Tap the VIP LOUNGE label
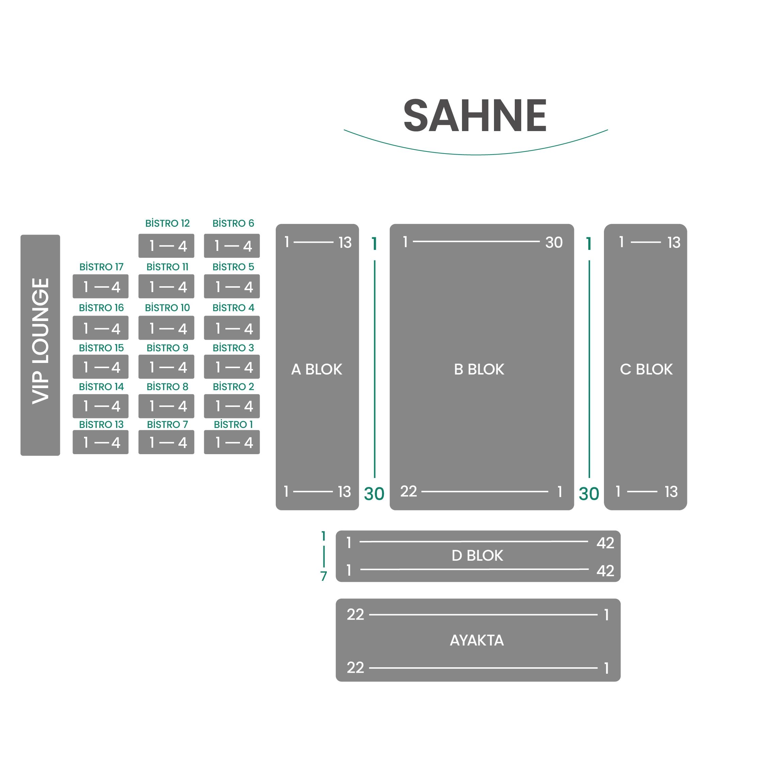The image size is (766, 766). tap(41, 341)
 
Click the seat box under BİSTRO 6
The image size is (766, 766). tap(232, 246)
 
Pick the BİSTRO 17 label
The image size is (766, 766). tap(101, 267)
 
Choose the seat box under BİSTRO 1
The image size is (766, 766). tap(232, 442)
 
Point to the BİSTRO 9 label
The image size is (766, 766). tap(167, 348)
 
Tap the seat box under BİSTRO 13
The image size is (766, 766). tap(101, 442)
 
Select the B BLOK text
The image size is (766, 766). tap(479, 369)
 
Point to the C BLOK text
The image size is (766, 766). tap(646, 369)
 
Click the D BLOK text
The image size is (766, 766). tap(477, 556)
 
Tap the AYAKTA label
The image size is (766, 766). tap(477, 640)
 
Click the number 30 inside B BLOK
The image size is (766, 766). tap(554, 242)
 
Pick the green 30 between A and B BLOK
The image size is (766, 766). tap(374, 494)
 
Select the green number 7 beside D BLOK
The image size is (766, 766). tap(323, 576)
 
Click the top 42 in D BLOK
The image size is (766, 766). tap(605, 543)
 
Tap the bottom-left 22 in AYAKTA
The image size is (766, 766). tap(355, 667)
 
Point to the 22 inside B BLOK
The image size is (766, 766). tap(409, 491)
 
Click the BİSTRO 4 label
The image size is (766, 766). tap(233, 308)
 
